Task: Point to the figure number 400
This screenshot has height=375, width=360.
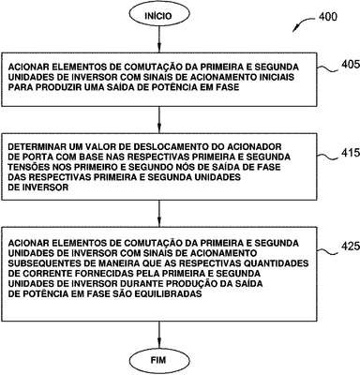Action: [328, 17]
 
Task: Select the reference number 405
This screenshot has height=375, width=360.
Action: [351, 65]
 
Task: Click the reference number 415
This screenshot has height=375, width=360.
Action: [351, 153]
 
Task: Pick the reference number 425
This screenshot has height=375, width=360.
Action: [351, 247]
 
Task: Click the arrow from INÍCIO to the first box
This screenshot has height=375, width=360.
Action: [158, 39]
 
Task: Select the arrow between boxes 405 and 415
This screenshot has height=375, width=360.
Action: [159, 120]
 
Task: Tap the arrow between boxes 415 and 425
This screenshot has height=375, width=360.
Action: [159, 214]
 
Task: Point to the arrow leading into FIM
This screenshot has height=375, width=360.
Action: [159, 336]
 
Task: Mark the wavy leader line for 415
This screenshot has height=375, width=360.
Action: [327, 155]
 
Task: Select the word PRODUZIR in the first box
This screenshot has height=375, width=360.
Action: [60, 87]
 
